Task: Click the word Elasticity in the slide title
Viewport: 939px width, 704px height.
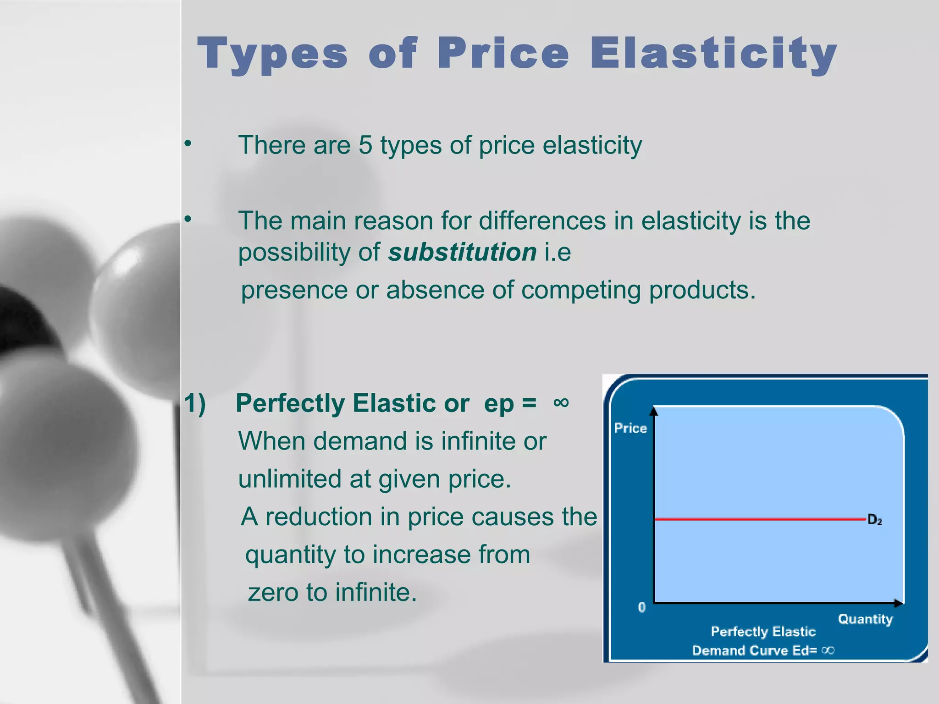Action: pos(713,54)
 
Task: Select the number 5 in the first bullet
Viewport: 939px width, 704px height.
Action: pos(365,145)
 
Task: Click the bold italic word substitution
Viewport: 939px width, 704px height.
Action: pos(462,252)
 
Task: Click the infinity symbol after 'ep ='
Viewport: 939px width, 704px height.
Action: pos(561,403)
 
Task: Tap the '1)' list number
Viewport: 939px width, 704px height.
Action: pos(195,404)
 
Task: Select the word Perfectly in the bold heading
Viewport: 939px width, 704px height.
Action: pos(290,404)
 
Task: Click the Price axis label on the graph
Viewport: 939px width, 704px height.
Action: pos(630,428)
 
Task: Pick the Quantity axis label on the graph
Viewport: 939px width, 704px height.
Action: pos(865,619)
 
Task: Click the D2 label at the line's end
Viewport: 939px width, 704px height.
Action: pos(875,520)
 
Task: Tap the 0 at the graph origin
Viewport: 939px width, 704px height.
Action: pos(641,608)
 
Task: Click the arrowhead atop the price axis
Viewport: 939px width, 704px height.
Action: pos(654,411)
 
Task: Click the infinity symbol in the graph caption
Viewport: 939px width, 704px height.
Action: pos(828,650)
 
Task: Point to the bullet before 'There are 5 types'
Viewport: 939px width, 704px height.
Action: pos(187,144)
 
